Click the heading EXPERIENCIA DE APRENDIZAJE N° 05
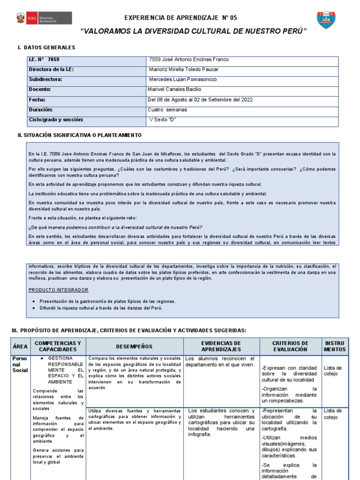pos(180,18)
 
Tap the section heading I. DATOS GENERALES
pos(46,48)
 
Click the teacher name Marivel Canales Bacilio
pos(175,89)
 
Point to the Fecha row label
pos(37,99)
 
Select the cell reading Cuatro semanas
pos(167,110)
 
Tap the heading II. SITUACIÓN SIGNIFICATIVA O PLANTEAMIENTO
pos(79,135)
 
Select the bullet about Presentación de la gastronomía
pos(107,301)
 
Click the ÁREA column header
pos(20,346)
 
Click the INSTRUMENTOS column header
pos(335,346)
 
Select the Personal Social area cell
pos(20,364)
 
